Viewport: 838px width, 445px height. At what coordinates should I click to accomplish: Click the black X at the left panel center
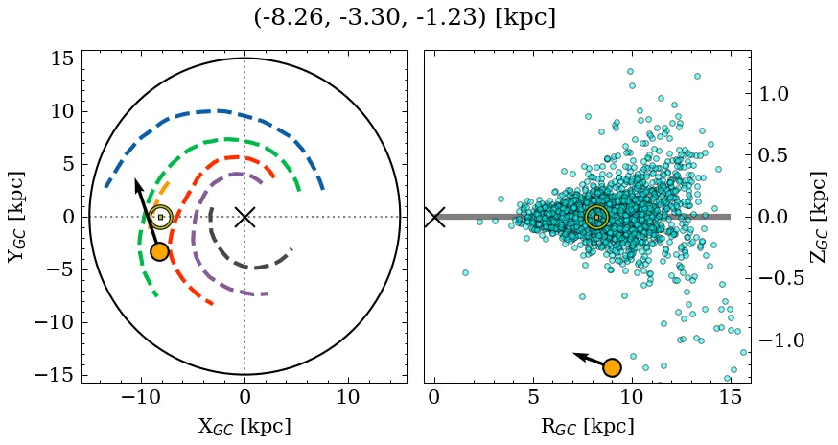[x=244, y=217]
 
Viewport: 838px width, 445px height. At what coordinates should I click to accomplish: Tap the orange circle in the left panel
[x=159, y=251]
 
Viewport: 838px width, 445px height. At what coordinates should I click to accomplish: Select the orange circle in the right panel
[x=612, y=367]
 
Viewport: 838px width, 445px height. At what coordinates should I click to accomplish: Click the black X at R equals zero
[x=434, y=217]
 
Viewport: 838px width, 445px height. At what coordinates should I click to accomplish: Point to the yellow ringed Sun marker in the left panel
[x=160, y=217]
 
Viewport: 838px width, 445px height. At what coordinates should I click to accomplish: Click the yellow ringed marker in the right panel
[x=596, y=217]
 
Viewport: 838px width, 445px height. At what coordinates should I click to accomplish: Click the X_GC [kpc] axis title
[x=244, y=427]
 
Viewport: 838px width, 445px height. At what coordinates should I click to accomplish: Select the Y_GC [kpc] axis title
[x=16, y=217]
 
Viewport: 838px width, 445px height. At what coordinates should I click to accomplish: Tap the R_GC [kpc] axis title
[x=587, y=427]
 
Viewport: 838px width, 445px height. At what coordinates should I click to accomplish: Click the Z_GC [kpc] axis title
[x=818, y=217]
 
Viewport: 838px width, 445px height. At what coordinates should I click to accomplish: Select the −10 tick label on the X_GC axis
[x=140, y=398]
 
